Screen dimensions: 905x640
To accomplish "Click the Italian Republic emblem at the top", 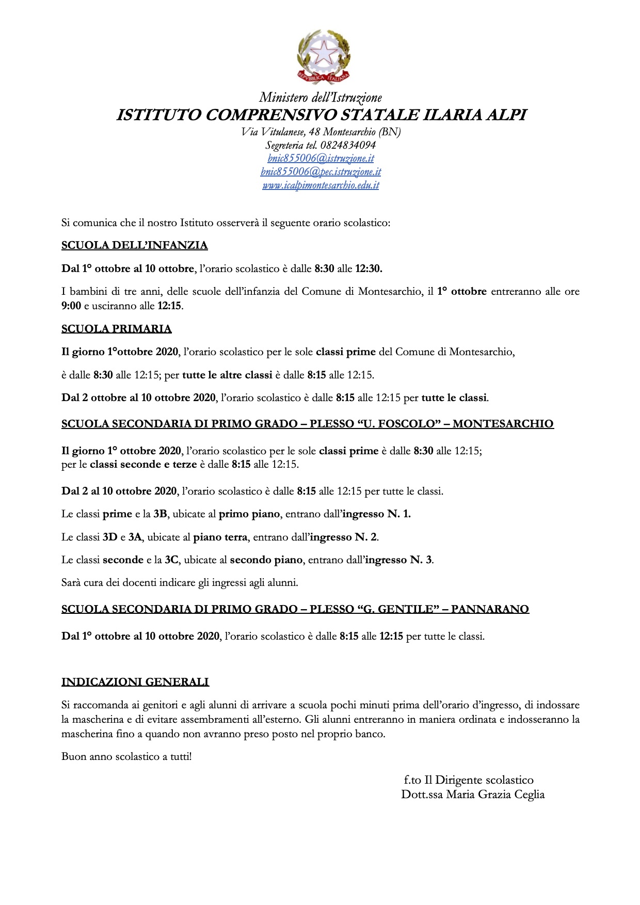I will coord(324,56).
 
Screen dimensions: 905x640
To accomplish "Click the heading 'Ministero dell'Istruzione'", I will coord(321,98).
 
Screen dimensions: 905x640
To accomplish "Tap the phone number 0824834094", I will coord(348,145).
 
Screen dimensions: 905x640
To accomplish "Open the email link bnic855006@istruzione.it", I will coord(321,158).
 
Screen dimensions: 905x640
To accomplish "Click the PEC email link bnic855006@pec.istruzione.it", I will coord(321,172).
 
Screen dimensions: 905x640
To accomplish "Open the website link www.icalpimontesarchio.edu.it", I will coord(321,185).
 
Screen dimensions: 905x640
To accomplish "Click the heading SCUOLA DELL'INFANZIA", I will coord(134,245).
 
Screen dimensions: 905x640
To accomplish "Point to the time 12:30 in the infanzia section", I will coord(369,268).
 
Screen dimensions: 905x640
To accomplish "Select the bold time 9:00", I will coord(71,306).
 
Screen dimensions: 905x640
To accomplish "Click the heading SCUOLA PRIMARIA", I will coord(116,329).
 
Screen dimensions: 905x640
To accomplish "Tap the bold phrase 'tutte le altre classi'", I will coord(227,375).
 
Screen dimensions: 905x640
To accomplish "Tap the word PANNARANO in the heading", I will coord(490,609).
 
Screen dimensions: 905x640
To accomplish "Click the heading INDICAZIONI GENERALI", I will coord(135,682).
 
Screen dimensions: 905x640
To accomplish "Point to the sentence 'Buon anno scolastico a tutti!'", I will coord(126,757).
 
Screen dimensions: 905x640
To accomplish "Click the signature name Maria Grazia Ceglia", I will coord(495,795).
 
